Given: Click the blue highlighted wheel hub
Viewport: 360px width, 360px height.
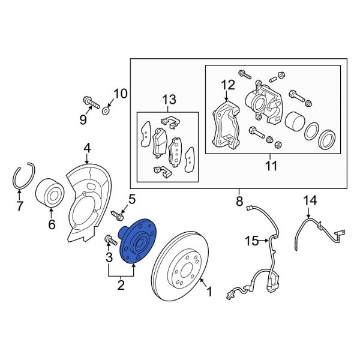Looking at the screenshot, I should coord(137,242).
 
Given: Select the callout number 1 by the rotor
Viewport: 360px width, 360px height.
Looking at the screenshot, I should coord(209,292).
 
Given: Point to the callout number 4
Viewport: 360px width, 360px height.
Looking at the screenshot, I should coord(87,147).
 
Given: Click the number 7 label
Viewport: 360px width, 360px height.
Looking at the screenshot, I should coord(19,208).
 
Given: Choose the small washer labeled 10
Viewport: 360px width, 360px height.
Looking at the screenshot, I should coord(106,110).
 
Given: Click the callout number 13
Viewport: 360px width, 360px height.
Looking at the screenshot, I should coord(170,99).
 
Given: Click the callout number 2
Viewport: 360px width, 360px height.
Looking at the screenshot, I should coord(121,285).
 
